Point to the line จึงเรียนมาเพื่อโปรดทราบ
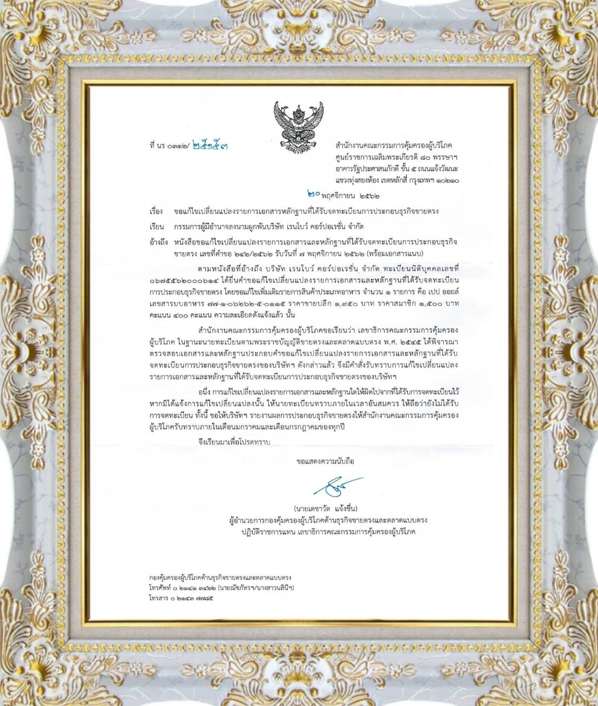coord(234,442)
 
